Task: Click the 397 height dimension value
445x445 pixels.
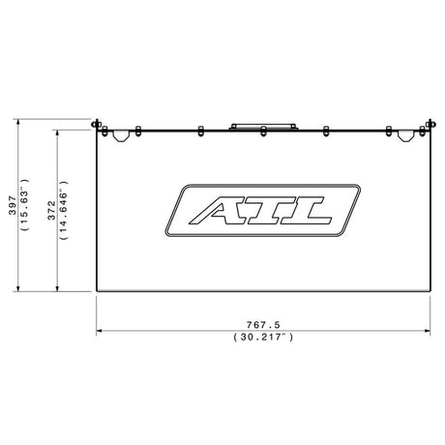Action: (13, 205)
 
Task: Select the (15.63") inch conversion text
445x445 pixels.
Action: (25, 204)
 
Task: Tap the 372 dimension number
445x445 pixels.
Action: (51, 211)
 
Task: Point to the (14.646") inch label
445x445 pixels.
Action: (64, 210)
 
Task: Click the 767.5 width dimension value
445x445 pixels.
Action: (263, 324)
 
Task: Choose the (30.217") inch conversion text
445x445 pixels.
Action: (263, 337)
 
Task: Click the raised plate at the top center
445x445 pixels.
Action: (263, 127)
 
